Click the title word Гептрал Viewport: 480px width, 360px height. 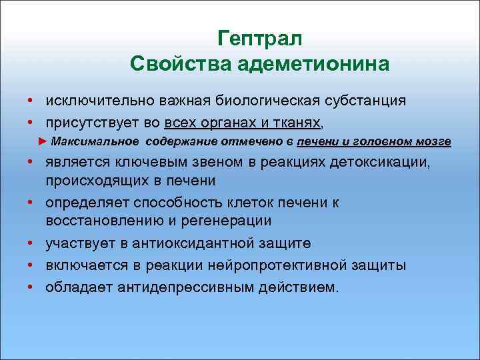pos(260,39)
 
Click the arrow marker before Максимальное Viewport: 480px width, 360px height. pos(43,141)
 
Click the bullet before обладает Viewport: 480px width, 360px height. pos(31,287)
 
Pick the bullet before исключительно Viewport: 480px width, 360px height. pos(31,101)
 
